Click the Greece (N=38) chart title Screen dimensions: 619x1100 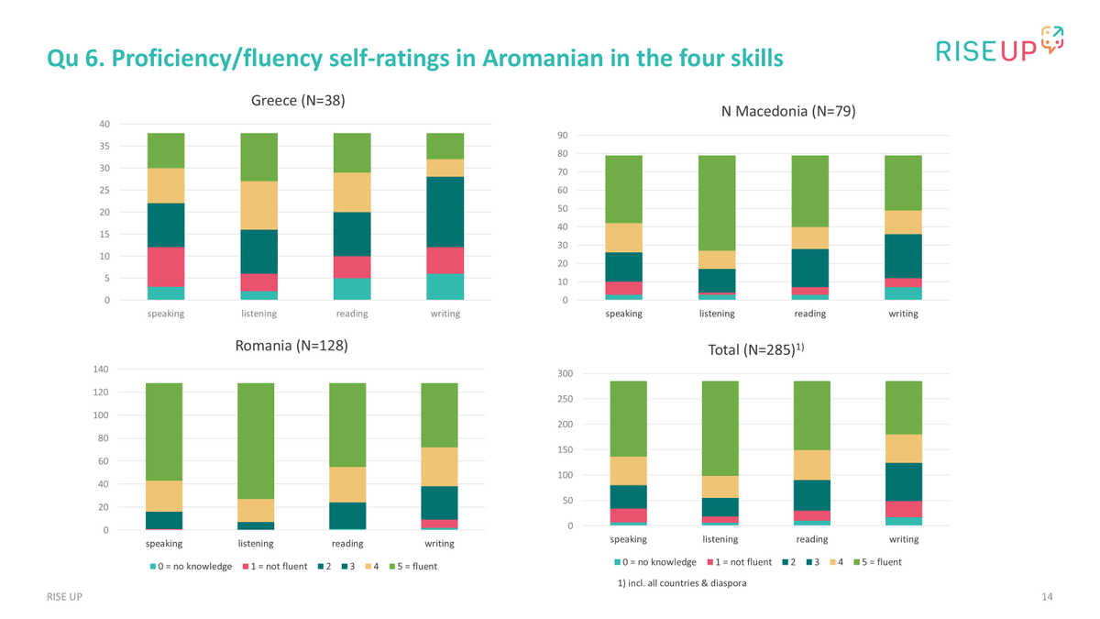(x=298, y=101)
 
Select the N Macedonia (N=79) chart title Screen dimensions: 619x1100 (x=787, y=112)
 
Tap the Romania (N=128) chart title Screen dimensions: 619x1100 (x=291, y=347)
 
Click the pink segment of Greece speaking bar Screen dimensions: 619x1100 (x=166, y=267)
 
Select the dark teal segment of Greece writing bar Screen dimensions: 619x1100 (x=445, y=212)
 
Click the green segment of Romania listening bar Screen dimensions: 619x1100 (x=256, y=440)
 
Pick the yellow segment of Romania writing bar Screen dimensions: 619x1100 (x=439, y=467)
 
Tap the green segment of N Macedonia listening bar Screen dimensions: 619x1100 (x=717, y=203)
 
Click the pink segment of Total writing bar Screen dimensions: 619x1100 (x=903, y=509)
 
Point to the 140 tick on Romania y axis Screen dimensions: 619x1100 (x=101, y=370)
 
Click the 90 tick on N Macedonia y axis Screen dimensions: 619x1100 (x=562, y=136)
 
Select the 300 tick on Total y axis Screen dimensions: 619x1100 (x=565, y=373)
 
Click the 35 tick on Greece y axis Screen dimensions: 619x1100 (x=104, y=147)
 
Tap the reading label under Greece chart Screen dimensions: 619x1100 (x=352, y=314)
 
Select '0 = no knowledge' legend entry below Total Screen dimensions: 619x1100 (x=655, y=562)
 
